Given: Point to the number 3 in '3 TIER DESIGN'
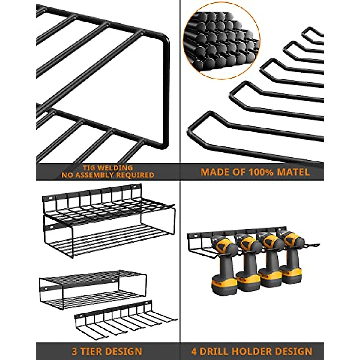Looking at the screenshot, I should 74,351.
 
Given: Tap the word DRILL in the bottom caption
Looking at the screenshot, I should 216,351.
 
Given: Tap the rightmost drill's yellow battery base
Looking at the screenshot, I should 292,274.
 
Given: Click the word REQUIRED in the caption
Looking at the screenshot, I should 135,175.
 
